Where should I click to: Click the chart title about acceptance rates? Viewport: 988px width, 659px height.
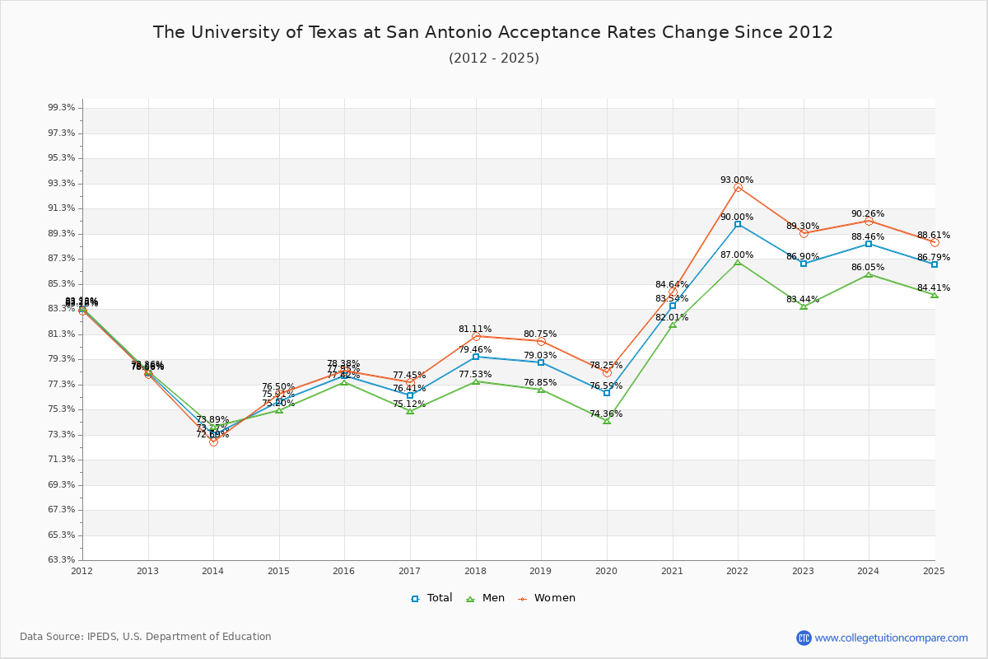click(x=493, y=33)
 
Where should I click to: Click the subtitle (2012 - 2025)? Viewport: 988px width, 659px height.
click(x=494, y=58)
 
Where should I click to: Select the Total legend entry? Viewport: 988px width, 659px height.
click(x=432, y=598)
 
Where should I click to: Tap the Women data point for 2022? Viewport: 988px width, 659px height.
click(x=738, y=188)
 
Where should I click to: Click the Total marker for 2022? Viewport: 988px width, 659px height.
click(x=738, y=224)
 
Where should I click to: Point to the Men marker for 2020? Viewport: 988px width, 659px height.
click(x=607, y=421)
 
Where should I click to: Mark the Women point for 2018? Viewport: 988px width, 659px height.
click(x=476, y=336)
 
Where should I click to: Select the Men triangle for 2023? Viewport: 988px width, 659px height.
click(x=804, y=306)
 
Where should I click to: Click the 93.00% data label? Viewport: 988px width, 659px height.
click(x=737, y=180)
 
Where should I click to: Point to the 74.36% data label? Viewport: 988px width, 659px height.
click(x=606, y=414)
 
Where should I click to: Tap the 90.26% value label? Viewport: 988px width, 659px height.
click(x=868, y=214)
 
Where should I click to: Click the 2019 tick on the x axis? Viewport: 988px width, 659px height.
click(x=541, y=571)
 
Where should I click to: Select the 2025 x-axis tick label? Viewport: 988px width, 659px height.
click(x=934, y=571)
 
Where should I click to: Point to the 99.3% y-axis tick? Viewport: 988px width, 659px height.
click(x=63, y=108)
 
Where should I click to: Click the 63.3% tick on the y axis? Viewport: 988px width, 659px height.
click(x=63, y=560)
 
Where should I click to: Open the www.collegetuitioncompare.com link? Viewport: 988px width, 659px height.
click(x=891, y=638)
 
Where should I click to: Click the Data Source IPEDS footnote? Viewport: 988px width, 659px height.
click(x=146, y=637)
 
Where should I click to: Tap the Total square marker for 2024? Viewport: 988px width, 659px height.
click(x=869, y=244)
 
